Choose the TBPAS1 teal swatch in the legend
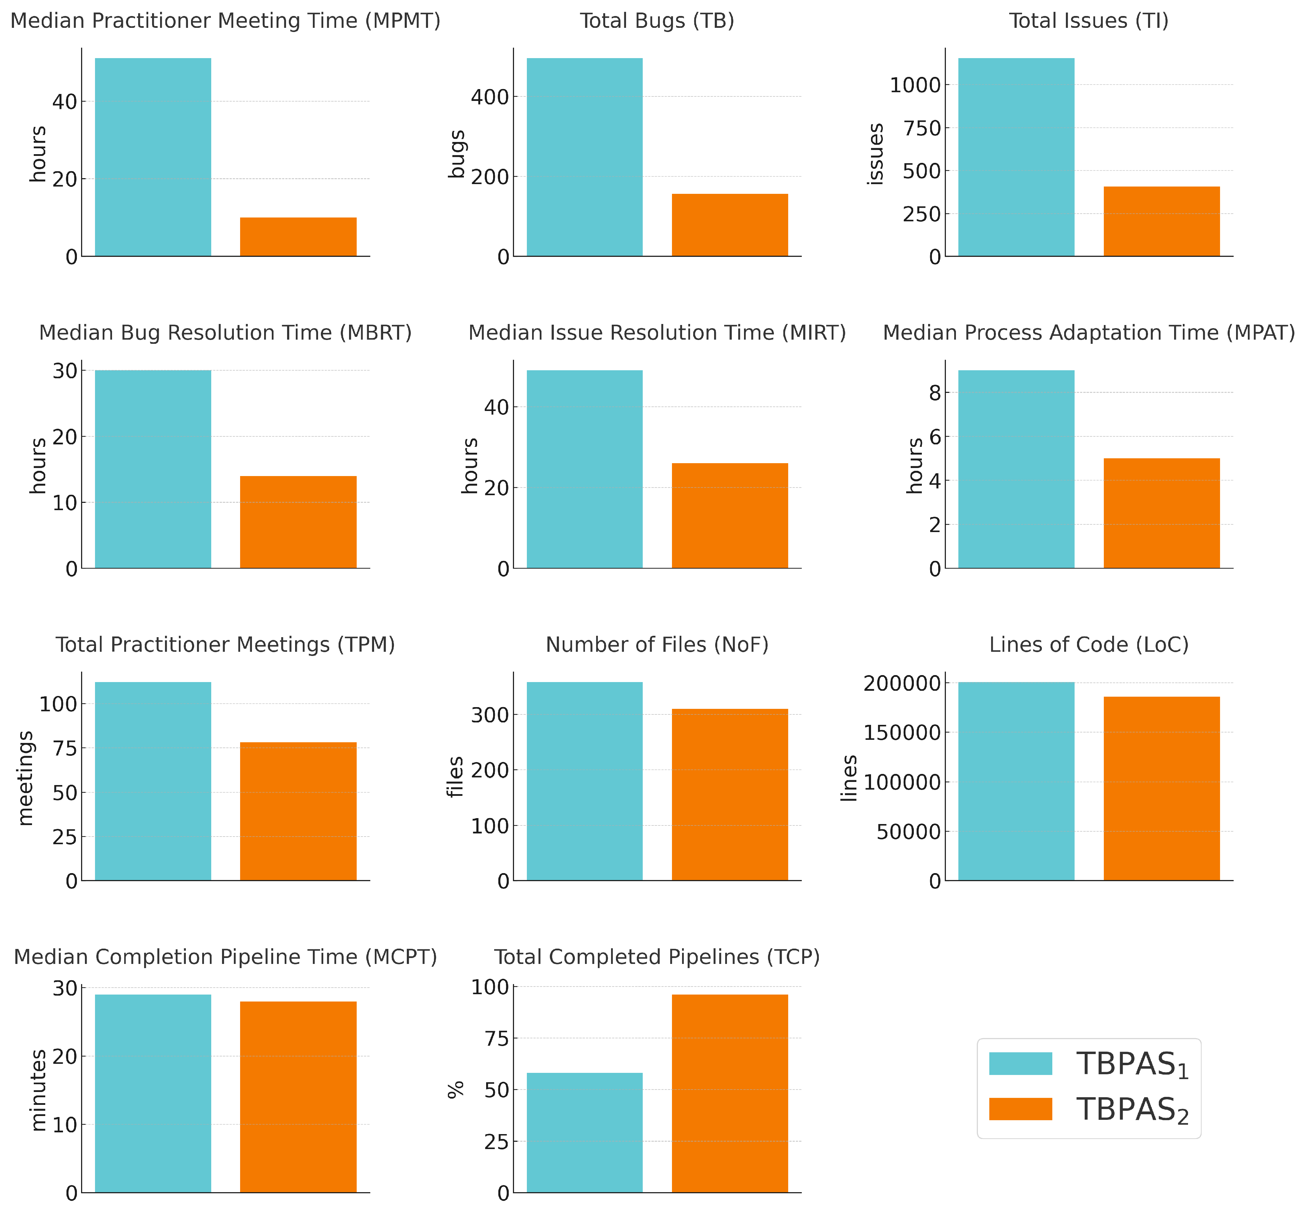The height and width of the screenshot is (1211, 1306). pos(1020,1063)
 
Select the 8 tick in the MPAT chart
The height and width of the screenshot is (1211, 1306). pos(934,393)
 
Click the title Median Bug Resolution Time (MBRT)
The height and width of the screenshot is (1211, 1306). pos(225,333)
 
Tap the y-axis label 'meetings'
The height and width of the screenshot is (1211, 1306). pos(25,778)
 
